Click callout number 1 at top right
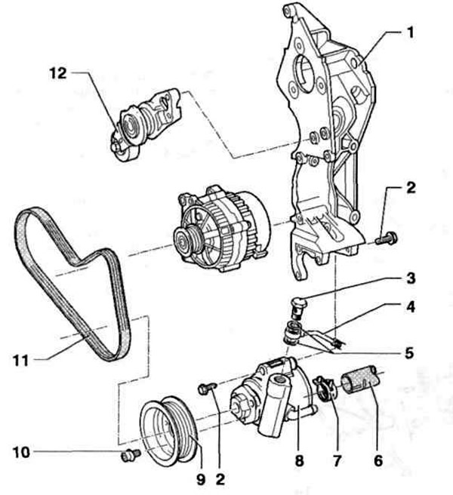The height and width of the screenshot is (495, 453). click(x=410, y=33)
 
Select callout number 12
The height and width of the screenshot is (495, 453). click(x=58, y=73)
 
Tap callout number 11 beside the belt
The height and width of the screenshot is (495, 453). click(x=21, y=361)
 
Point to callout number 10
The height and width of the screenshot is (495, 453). click(x=21, y=453)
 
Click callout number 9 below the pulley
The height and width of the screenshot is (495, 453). click(x=201, y=480)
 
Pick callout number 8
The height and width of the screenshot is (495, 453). click(x=299, y=461)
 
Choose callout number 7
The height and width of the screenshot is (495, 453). click(x=337, y=461)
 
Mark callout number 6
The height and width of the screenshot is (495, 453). click(x=378, y=461)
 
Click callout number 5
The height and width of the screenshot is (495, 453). click(x=409, y=353)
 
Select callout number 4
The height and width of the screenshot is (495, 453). click(x=410, y=307)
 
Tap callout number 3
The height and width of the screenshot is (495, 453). click(x=411, y=278)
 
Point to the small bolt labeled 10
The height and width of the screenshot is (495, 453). click(x=131, y=455)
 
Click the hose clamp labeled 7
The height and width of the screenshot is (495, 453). click(x=325, y=388)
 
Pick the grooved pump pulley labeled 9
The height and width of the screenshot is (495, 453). click(x=169, y=431)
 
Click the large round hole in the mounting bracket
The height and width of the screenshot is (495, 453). click(x=304, y=72)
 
